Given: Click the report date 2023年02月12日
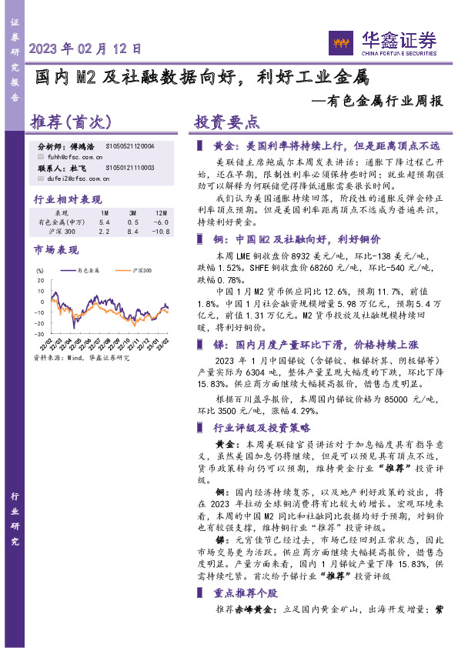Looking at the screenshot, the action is point(85,48).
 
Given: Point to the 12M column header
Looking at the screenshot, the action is point(160,212).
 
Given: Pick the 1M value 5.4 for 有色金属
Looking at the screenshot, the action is point(105,222).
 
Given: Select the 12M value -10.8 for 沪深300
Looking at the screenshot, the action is point(160,231).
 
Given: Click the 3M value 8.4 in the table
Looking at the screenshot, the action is point(132,231).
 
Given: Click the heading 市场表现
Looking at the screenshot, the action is point(56,251).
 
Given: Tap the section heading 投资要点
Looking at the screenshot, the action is point(226,123).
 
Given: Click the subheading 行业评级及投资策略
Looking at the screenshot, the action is point(261,427).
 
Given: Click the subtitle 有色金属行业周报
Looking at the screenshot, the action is point(382,101).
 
